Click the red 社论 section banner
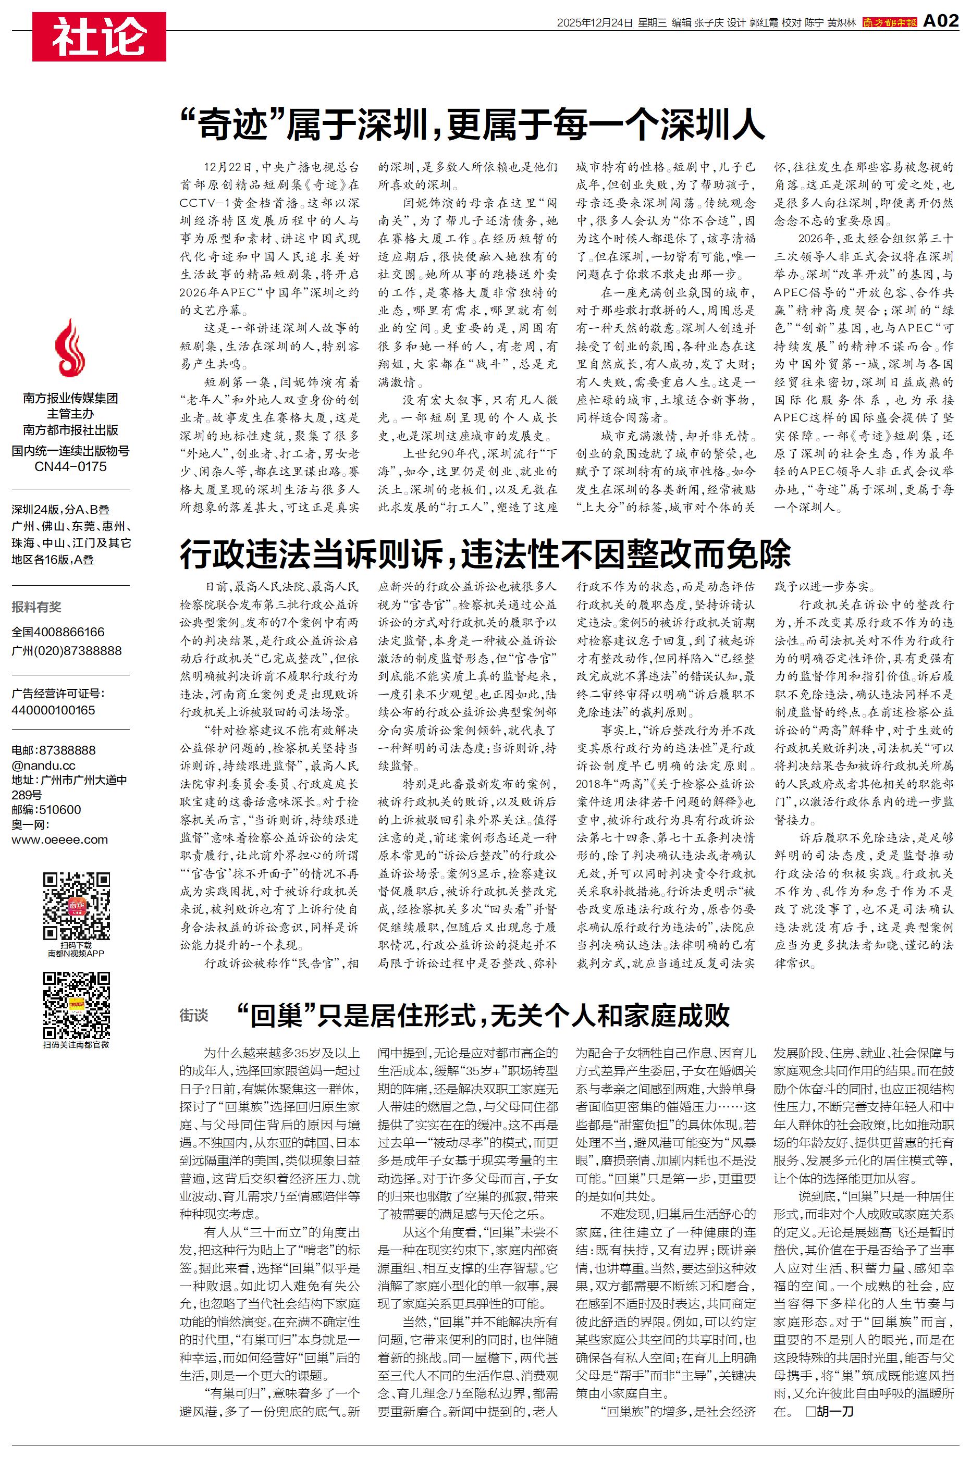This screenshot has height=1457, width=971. point(99,37)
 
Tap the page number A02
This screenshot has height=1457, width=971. point(941,22)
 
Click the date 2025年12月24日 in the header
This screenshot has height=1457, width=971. point(595,23)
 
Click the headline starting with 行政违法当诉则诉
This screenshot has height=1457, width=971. point(485,553)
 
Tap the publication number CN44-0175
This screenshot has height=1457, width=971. point(70,467)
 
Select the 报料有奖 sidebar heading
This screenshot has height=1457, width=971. point(36,607)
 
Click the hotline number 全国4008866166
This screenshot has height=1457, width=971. point(58,632)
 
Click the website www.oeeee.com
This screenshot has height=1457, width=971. point(60,839)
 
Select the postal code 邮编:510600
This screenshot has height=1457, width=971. point(46,810)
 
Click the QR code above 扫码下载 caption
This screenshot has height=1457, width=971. point(76,906)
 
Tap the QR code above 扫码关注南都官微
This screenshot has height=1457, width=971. point(76,1005)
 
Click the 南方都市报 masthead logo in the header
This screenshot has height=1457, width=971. point(889,23)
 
